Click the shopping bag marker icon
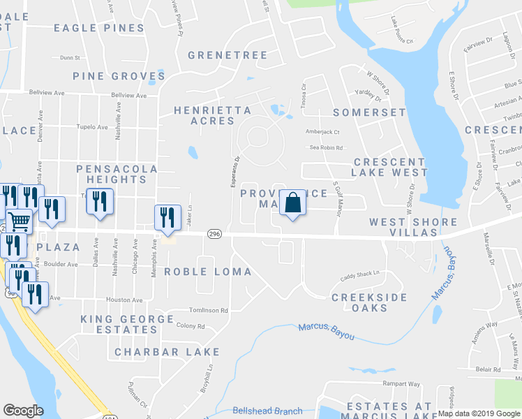(x=293, y=204)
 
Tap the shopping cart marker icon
(x=20, y=221)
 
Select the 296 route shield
(x=215, y=235)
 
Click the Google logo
(x=23, y=411)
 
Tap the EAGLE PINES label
(x=99, y=29)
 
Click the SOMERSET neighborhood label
(x=369, y=112)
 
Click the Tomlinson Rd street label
(x=208, y=310)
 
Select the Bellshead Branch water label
(x=267, y=411)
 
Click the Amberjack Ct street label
(x=322, y=131)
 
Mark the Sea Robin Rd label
(x=328, y=147)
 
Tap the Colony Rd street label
(x=191, y=325)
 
